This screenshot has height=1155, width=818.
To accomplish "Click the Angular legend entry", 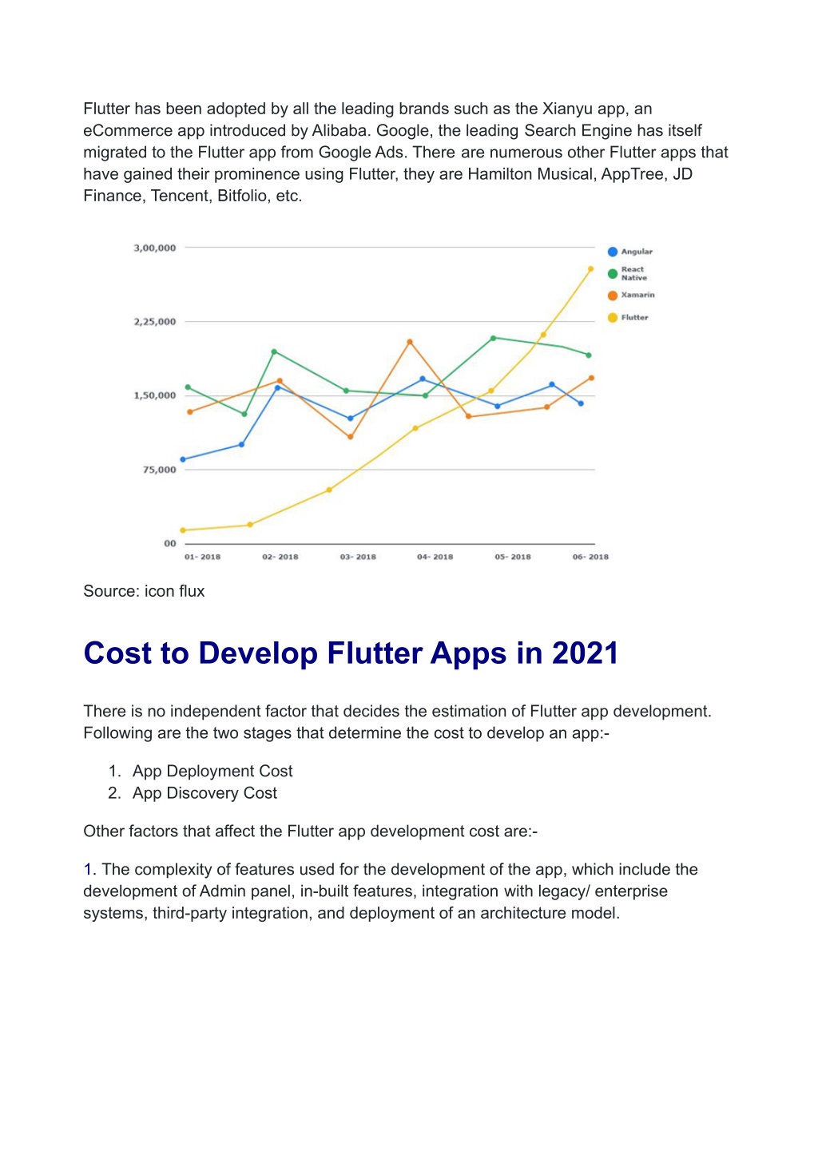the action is pos(629,252).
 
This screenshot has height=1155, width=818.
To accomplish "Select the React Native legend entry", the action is pos(626,273).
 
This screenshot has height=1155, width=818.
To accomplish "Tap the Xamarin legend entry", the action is pos(631,295).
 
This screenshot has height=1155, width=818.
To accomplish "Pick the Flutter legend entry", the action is pos(628,317).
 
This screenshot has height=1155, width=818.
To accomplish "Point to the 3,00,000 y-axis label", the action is pos(155,248).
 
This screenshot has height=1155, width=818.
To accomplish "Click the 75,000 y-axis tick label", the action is pos(160,470).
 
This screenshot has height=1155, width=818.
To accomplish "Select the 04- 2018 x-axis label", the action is pos(435,557).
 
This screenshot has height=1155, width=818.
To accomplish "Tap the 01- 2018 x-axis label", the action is pos(202,557).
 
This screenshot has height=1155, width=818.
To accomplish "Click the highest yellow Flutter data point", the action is pos(590,268).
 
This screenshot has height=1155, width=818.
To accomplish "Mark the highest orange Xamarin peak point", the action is pos(410,341).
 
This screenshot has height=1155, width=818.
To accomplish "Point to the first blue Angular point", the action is pos(183,459).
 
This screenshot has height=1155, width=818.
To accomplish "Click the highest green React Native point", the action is pos(493,338).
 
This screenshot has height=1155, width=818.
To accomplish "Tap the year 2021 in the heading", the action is pos(585,653).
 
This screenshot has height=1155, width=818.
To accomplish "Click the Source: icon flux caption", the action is pos(144,591).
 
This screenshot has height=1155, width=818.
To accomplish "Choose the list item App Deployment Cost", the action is pos(212,771).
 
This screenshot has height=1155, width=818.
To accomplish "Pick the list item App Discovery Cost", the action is pos(204,792).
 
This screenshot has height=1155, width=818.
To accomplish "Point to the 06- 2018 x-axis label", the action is pos(590,557).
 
